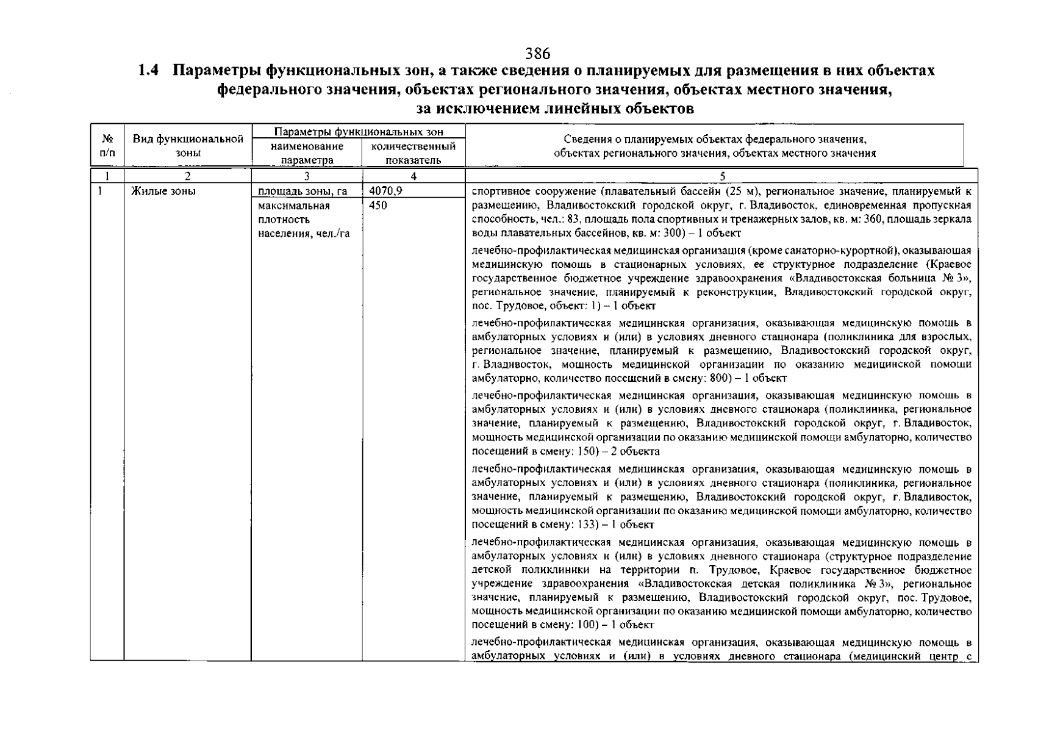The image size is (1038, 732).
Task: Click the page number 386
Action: click(537, 53)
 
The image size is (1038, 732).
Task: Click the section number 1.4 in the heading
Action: click(149, 71)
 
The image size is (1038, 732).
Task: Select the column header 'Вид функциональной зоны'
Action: click(188, 146)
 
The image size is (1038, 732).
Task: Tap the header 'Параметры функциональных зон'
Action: click(359, 132)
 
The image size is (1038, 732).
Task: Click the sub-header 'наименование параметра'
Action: click(307, 153)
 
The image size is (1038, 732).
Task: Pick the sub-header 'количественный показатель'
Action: click(413, 153)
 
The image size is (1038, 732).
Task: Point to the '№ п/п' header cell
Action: click(107, 146)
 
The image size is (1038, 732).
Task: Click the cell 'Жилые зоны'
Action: click(163, 191)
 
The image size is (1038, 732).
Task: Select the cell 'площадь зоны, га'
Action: click(302, 191)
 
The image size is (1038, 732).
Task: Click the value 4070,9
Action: click(385, 191)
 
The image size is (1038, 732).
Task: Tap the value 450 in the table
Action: click(378, 206)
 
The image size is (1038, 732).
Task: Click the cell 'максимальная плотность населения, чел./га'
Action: click(302, 220)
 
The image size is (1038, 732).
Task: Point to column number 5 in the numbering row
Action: click(722, 176)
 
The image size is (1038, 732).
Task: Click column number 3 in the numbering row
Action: click(307, 176)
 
